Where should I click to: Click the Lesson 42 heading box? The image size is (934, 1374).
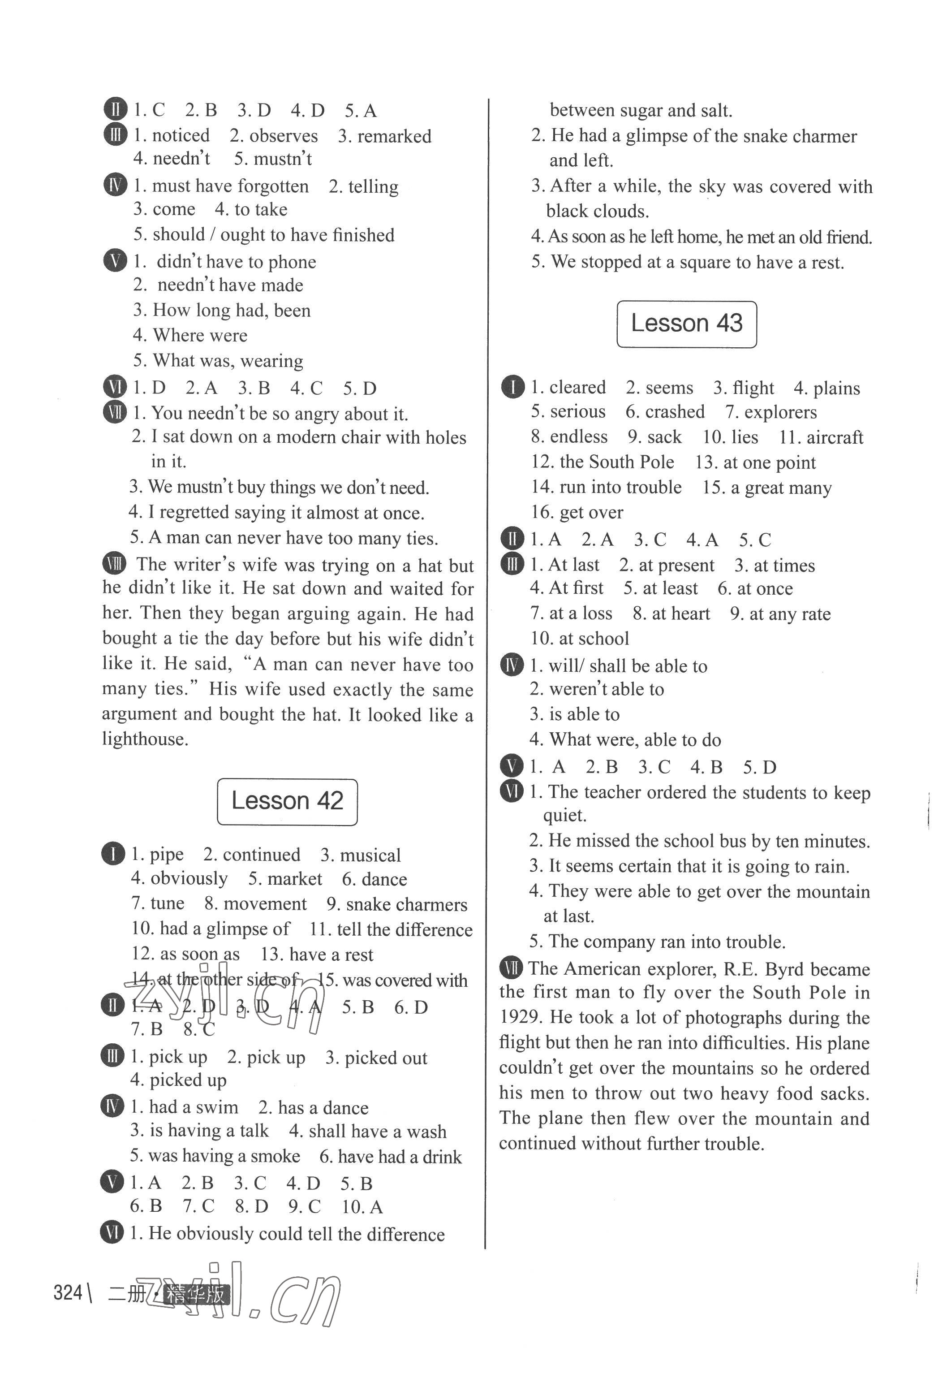287,801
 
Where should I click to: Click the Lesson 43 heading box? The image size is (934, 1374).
686,324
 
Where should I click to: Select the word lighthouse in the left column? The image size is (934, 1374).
145,739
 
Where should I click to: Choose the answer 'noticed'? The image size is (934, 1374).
180,135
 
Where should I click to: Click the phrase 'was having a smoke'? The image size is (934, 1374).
224,1156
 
